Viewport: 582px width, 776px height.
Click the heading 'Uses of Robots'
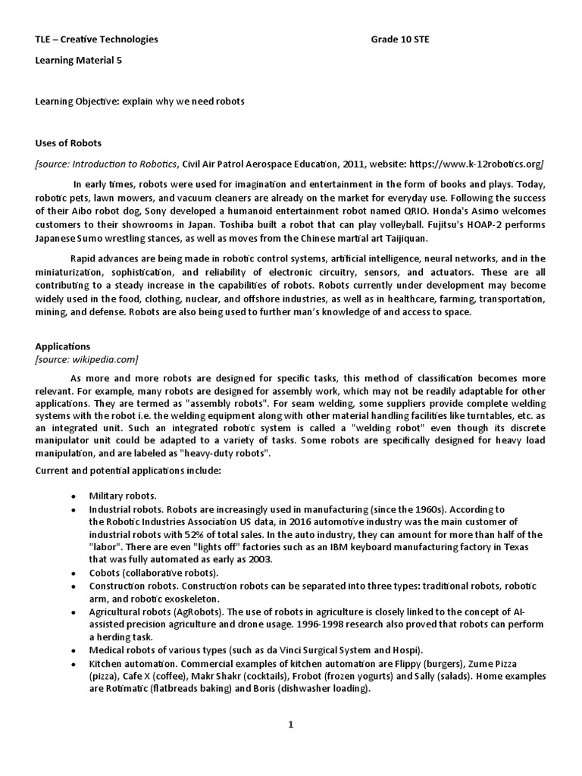click(x=68, y=142)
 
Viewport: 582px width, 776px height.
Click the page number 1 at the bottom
click(x=290, y=724)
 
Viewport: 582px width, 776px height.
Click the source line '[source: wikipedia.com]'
click(x=87, y=358)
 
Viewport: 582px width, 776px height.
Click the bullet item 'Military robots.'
click(x=123, y=495)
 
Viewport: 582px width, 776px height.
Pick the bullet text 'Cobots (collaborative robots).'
click(x=153, y=573)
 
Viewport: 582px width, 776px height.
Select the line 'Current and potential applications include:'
click(x=128, y=471)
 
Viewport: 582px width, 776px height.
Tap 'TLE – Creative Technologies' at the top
click(x=97, y=39)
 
